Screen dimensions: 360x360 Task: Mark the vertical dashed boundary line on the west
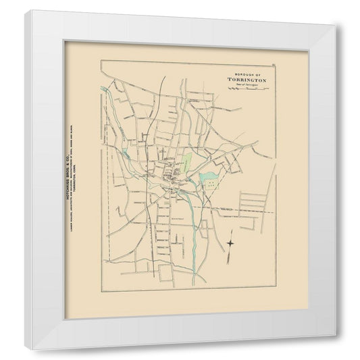(x=106, y=203)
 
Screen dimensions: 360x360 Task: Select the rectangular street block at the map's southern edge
(x=165, y=272)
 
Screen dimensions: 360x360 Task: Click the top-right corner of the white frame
(x=336, y=26)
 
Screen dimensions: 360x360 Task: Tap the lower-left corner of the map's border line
(x=101, y=292)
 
